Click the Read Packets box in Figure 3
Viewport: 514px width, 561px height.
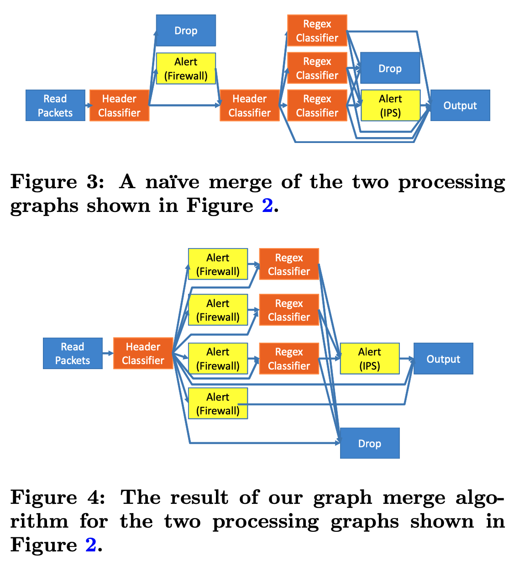[55, 106]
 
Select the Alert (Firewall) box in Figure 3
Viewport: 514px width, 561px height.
[186, 69]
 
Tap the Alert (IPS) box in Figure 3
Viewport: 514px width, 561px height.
[390, 106]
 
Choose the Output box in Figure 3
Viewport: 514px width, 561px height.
[460, 106]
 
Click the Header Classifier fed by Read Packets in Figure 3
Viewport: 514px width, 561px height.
[119, 106]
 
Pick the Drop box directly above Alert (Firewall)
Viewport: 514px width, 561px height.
[186, 31]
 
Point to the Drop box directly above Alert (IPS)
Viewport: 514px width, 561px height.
[390, 68]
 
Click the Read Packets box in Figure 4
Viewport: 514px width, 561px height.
[73, 354]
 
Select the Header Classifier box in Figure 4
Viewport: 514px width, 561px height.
[143, 354]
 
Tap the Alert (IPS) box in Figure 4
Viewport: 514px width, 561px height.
[370, 359]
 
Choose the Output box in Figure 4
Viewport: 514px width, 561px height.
[443, 359]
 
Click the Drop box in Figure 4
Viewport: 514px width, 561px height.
[370, 443]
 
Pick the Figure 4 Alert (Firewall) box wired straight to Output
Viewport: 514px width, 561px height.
[218, 404]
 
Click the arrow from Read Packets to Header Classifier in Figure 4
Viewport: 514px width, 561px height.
[108, 353]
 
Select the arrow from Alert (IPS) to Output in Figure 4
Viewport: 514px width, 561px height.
[407, 359]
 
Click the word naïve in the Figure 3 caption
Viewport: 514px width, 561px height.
[172, 182]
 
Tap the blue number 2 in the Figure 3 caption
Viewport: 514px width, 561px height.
[267, 206]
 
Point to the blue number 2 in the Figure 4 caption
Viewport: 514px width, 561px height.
[90, 545]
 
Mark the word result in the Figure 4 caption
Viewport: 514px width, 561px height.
[199, 497]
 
